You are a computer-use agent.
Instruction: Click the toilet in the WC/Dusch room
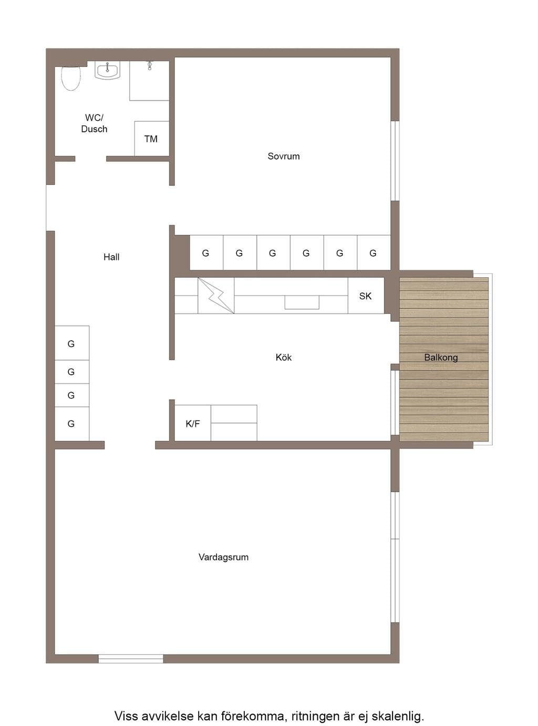point(71,78)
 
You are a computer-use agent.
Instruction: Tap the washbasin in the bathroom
point(108,70)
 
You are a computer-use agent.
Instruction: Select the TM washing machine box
point(152,139)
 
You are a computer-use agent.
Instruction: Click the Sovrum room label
point(283,156)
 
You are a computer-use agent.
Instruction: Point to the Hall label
point(111,257)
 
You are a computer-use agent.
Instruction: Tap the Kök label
point(283,357)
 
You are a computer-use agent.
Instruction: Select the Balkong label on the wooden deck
point(441,357)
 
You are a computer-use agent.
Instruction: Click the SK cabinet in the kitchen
point(366,296)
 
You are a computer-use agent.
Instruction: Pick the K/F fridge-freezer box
point(193,423)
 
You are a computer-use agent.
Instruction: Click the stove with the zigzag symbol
point(216,296)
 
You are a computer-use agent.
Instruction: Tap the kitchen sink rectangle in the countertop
point(302,302)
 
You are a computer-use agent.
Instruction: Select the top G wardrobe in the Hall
point(72,343)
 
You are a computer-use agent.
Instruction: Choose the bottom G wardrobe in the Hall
point(72,424)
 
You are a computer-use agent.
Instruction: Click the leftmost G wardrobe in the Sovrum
point(206,252)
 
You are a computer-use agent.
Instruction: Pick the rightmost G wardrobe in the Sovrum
point(374,252)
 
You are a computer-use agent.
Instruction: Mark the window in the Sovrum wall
point(395,161)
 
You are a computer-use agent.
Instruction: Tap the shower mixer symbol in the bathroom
point(150,66)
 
